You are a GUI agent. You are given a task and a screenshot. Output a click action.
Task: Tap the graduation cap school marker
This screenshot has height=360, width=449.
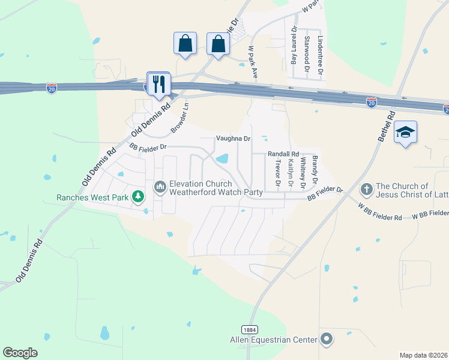[405, 132]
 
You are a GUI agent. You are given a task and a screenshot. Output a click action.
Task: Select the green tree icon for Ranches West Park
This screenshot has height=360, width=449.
[139, 196]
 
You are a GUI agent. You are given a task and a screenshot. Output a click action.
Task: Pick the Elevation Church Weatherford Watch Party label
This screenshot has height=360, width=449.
[216, 188]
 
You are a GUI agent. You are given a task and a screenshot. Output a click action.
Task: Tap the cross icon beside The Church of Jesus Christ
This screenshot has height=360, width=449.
[366, 190]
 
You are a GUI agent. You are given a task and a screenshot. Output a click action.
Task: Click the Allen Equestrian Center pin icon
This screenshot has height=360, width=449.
[326, 340]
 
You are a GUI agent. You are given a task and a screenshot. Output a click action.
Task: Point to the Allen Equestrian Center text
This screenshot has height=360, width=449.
[274, 340]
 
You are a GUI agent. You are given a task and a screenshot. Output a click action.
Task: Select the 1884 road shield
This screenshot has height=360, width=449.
[250, 329]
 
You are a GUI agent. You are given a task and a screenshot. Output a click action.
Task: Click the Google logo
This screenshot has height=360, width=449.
[20, 353]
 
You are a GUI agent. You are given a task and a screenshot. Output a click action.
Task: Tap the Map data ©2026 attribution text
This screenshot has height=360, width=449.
[424, 355]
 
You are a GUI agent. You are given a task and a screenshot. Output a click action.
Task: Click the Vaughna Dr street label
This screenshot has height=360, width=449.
[233, 139]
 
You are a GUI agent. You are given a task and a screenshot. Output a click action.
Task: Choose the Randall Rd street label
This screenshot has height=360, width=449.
[283, 154]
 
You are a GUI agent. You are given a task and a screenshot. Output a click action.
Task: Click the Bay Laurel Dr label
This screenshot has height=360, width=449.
[294, 46]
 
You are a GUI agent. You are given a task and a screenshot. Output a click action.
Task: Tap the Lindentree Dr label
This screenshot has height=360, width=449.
[321, 55]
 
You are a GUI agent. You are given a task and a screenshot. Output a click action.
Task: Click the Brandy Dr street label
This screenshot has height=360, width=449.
[314, 170]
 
